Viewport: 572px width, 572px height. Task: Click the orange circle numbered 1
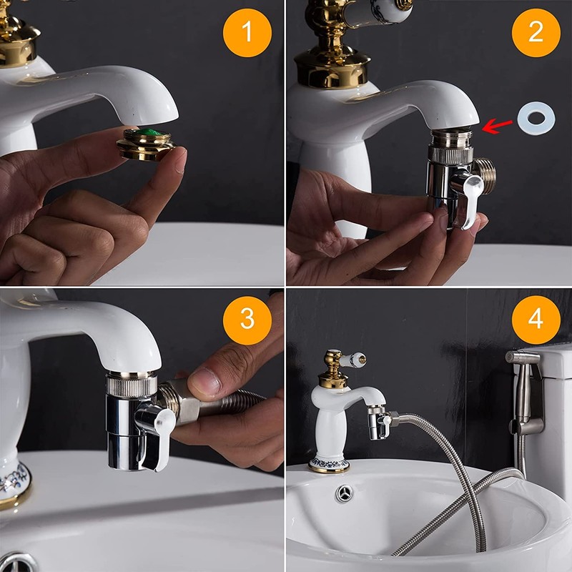coord(247,32)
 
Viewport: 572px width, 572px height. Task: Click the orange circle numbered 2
coord(535,33)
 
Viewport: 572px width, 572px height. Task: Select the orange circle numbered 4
coord(535,318)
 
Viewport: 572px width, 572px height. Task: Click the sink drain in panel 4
coord(345,493)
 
